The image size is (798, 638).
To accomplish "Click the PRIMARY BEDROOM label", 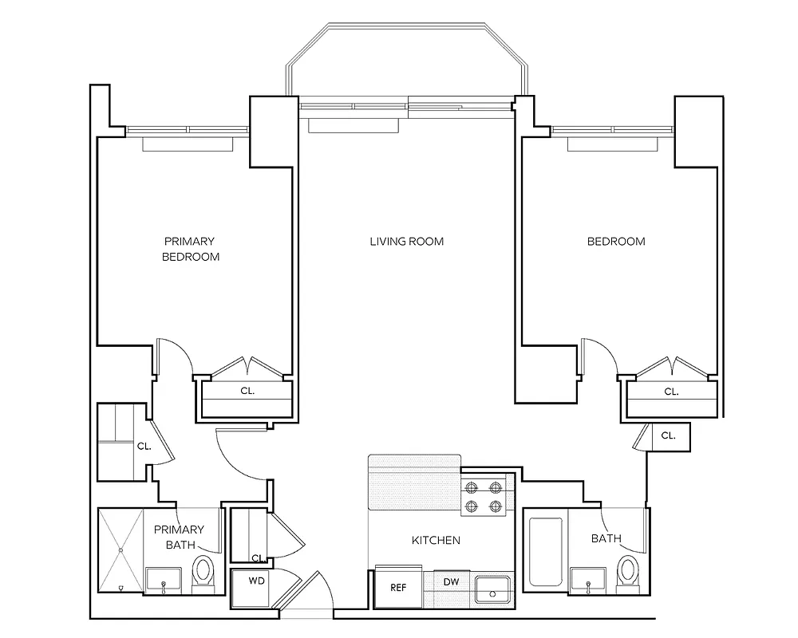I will tap(190, 249).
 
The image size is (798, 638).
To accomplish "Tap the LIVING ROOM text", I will tap(406, 241).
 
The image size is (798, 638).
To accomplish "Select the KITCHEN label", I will tap(436, 541).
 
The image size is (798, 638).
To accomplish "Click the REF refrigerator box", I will tap(398, 589).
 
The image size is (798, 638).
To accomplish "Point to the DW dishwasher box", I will tap(451, 582).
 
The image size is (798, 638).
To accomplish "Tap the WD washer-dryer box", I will tap(257, 581).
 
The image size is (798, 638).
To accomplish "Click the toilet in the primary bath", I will tap(204, 573).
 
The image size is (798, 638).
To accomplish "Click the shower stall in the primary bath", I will tap(120, 549).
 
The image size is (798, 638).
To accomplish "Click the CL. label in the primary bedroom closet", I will tap(247, 392).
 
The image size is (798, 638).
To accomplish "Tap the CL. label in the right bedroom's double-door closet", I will tap(672, 392).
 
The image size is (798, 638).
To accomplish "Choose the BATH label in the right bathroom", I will tap(606, 539).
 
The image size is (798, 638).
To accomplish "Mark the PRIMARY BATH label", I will tap(179, 537).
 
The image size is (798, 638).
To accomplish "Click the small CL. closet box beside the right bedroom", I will tap(669, 436).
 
